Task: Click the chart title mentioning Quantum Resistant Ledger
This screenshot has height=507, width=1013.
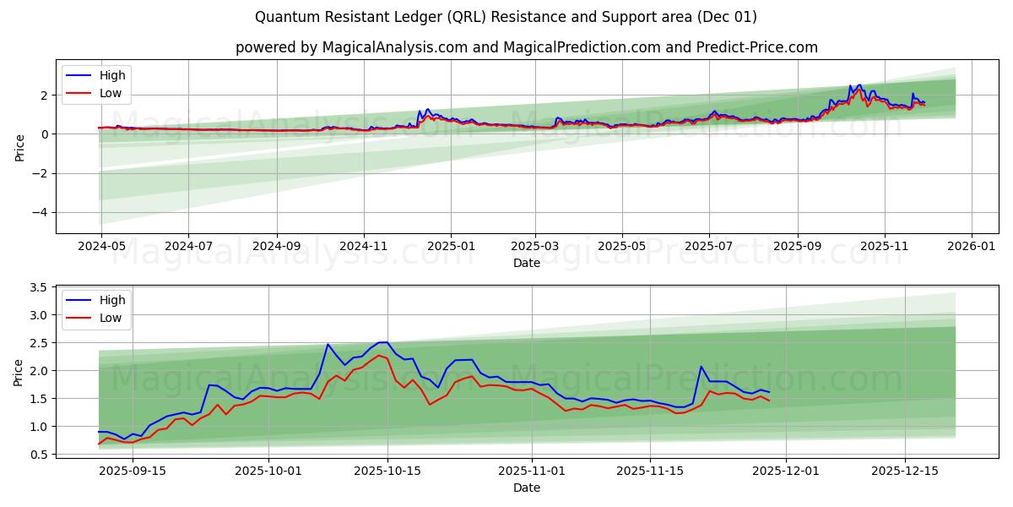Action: (x=506, y=17)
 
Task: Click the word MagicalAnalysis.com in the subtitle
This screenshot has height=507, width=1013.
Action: (x=395, y=47)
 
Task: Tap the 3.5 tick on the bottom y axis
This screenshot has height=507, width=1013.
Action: (x=36, y=287)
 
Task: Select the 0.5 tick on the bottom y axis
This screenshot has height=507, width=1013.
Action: (x=36, y=455)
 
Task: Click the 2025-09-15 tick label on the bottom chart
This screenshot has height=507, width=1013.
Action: (x=133, y=472)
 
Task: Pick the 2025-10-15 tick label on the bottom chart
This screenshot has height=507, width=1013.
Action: (x=387, y=472)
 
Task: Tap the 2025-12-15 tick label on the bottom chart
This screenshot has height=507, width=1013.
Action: (x=905, y=472)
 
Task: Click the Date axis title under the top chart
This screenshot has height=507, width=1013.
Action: (x=527, y=263)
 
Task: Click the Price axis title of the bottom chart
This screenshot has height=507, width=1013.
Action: (x=19, y=371)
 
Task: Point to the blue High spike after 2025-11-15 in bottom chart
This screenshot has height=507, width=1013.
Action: (x=701, y=367)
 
